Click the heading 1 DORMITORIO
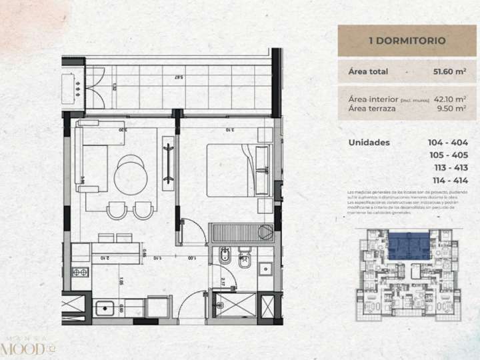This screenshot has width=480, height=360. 407,41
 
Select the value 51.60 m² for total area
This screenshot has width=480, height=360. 449,71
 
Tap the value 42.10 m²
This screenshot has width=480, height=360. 450,98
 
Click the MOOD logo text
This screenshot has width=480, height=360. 24,349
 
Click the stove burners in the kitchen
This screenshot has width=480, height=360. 81,273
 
